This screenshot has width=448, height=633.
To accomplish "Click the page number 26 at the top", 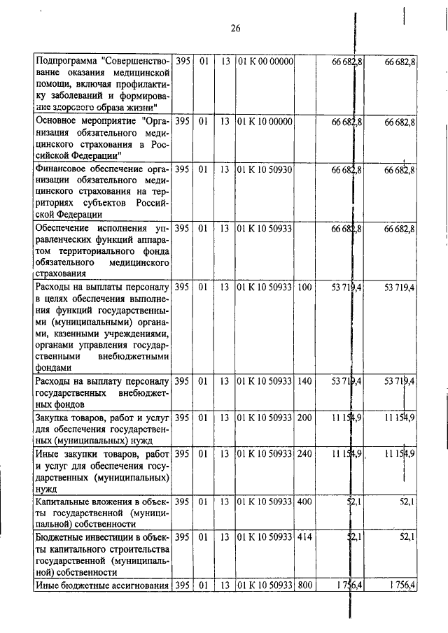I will coord(235,29).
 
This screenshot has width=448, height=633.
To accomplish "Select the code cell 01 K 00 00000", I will coord(265,62).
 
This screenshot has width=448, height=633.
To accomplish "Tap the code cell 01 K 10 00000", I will coord(265,122).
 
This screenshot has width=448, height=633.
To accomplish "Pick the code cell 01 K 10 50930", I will coord(265,170).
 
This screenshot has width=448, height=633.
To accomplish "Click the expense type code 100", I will coord(304,287).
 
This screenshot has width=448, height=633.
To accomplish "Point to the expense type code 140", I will coord(304,381).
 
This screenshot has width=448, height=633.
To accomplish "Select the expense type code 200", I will coord(304,418).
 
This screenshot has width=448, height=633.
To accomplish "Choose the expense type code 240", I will coord(304,455).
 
